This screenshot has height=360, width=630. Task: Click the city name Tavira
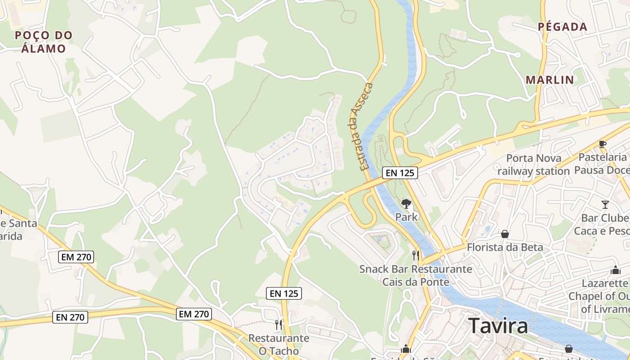click(498, 325)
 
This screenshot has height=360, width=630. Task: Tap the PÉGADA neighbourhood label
click(562, 27)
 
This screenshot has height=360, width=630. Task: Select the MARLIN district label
click(550, 80)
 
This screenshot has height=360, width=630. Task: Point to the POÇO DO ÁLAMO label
click(44, 42)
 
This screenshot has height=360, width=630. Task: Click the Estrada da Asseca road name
click(362, 126)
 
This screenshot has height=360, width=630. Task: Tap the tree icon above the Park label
click(406, 204)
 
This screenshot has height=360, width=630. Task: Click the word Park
click(406, 217)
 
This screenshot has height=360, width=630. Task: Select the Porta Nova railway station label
click(533, 165)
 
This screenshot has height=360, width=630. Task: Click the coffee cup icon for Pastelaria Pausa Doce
click(602, 144)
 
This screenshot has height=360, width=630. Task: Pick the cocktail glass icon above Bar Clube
click(605, 205)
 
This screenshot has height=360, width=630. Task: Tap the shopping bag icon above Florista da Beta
click(505, 234)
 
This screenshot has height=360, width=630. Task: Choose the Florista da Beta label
click(505, 247)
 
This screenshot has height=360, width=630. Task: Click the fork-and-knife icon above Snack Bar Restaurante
click(416, 256)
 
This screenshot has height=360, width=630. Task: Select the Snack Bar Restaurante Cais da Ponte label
click(416, 275)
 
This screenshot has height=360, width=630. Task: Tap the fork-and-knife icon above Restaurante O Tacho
click(279, 324)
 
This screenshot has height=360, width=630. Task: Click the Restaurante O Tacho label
click(279, 344)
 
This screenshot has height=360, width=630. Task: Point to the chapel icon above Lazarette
click(615, 270)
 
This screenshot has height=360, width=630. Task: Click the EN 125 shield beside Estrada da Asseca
click(400, 172)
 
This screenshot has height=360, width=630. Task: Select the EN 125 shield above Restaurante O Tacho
click(283, 293)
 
